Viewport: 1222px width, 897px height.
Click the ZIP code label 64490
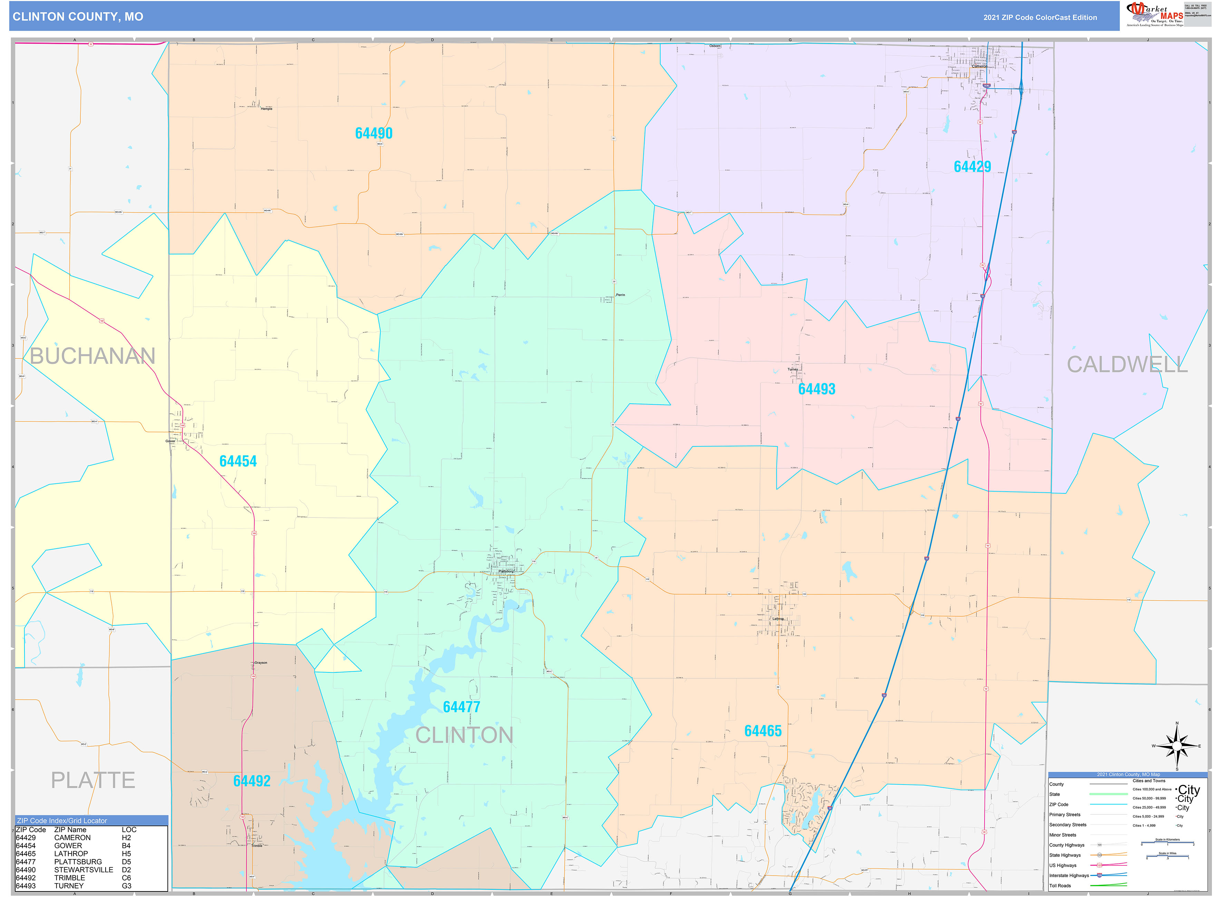[x=374, y=133]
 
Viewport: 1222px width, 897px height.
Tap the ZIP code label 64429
[x=972, y=166]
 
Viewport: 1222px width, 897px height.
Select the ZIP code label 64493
[x=816, y=389]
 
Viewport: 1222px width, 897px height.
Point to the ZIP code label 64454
[x=238, y=461]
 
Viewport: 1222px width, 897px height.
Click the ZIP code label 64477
[x=461, y=707]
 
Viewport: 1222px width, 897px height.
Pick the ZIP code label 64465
[x=763, y=731]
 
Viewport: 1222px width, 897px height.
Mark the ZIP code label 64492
[x=252, y=780]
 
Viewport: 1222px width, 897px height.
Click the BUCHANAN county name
[x=92, y=356]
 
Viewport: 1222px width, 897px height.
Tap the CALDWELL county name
[x=1127, y=364]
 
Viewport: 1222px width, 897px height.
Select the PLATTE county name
[x=93, y=780]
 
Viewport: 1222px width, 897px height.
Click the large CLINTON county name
[x=464, y=735]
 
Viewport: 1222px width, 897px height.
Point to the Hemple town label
[x=266, y=109]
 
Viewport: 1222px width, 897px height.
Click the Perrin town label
[x=620, y=295]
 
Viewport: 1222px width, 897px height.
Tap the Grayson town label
[x=261, y=662]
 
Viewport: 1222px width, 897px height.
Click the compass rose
[x=1176, y=746]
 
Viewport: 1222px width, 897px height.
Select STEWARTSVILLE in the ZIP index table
[x=83, y=869]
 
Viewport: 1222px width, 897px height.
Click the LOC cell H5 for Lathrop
[x=127, y=854]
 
